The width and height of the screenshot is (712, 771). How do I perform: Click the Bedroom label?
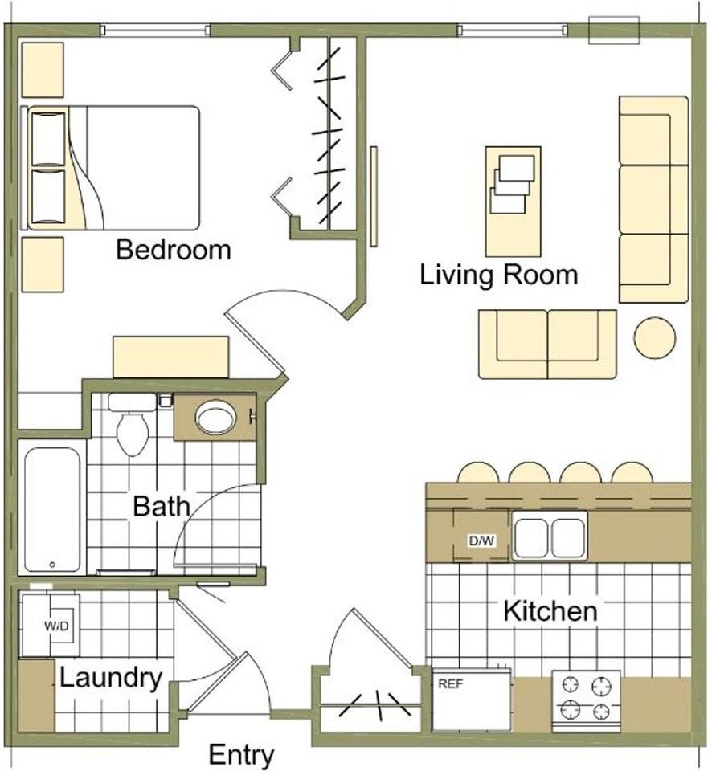tap(174, 250)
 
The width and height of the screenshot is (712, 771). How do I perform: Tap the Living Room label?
tap(498, 275)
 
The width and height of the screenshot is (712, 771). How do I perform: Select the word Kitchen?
tap(550, 612)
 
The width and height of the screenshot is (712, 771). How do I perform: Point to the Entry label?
tap(241, 755)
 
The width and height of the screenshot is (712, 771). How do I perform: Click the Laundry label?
tap(111, 679)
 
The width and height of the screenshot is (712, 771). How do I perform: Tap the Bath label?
tap(162, 507)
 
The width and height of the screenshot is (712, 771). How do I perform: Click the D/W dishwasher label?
tap(481, 541)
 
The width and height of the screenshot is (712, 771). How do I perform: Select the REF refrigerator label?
tap(451, 684)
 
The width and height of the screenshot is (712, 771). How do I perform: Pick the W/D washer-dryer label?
tap(56, 626)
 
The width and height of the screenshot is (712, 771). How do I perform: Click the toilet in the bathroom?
tap(132, 426)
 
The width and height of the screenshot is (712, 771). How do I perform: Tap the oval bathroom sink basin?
tap(215, 418)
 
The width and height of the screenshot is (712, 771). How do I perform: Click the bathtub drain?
tap(52, 565)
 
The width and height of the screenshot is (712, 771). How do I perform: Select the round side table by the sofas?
tap(654, 338)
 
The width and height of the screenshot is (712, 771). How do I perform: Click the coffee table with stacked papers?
tap(514, 202)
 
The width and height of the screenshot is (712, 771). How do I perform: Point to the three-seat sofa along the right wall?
tap(653, 199)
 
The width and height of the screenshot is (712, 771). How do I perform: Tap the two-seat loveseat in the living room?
tap(547, 345)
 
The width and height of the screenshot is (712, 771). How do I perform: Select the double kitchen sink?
tap(550, 536)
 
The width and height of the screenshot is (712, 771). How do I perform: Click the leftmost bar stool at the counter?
tap(478, 472)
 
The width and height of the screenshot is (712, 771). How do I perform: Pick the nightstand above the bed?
tap(43, 69)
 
